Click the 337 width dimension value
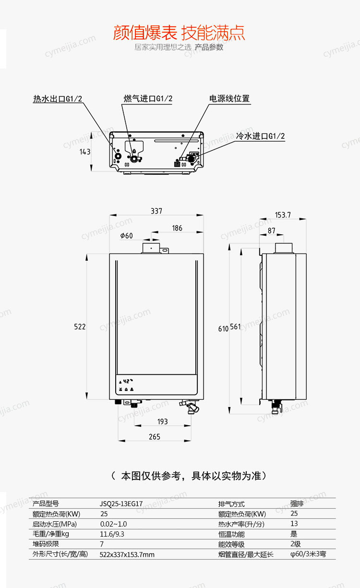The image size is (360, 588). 156,211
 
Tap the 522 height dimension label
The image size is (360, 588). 80,326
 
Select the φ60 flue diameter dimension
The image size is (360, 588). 127,236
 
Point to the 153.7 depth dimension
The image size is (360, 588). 283,215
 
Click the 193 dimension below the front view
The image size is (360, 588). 162,421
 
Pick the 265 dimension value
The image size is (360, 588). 155,437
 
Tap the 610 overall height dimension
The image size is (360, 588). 223,329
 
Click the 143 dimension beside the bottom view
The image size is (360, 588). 85,152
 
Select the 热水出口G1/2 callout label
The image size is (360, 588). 58,99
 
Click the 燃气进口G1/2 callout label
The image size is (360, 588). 148,98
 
